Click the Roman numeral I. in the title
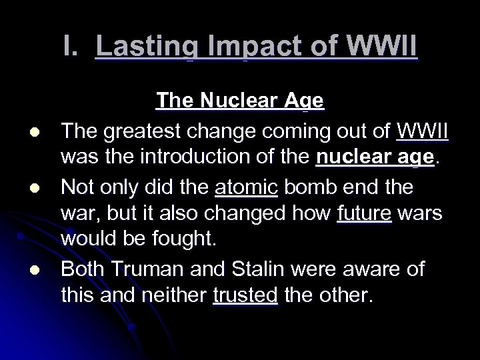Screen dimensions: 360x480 (73, 48)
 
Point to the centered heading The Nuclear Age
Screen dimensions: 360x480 (240, 101)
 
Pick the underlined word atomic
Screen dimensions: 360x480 (246, 187)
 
